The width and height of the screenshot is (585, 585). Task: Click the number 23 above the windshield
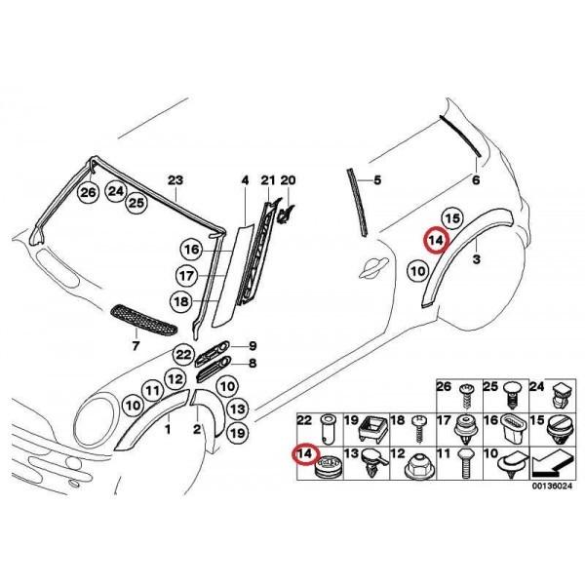pyautogui.click(x=175, y=180)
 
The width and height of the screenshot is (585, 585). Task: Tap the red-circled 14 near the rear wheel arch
pyautogui.click(x=435, y=240)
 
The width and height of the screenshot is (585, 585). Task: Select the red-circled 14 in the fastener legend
pyautogui.click(x=305, y=454)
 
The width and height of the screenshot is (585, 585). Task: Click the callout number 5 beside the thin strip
pyautogui.click(x=378, y=180)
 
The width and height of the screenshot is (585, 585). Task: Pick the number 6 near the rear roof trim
pyautogui.click(x=476, y=180)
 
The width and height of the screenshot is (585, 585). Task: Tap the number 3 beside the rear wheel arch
pyautogui.click(x=476, y=259)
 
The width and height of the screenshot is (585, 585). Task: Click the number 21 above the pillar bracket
pyautogui.click(x=267, y=180)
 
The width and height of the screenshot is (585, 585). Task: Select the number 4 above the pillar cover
pyautogui.click(x=246, y=180)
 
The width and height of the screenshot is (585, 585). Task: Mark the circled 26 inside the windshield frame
pyautogui.click(x=89, y=193)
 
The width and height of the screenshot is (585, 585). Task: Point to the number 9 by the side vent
pyautogui.click(x=252, y=346)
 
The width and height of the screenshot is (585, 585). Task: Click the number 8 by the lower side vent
pyautogui.click(x=252, y=364)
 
